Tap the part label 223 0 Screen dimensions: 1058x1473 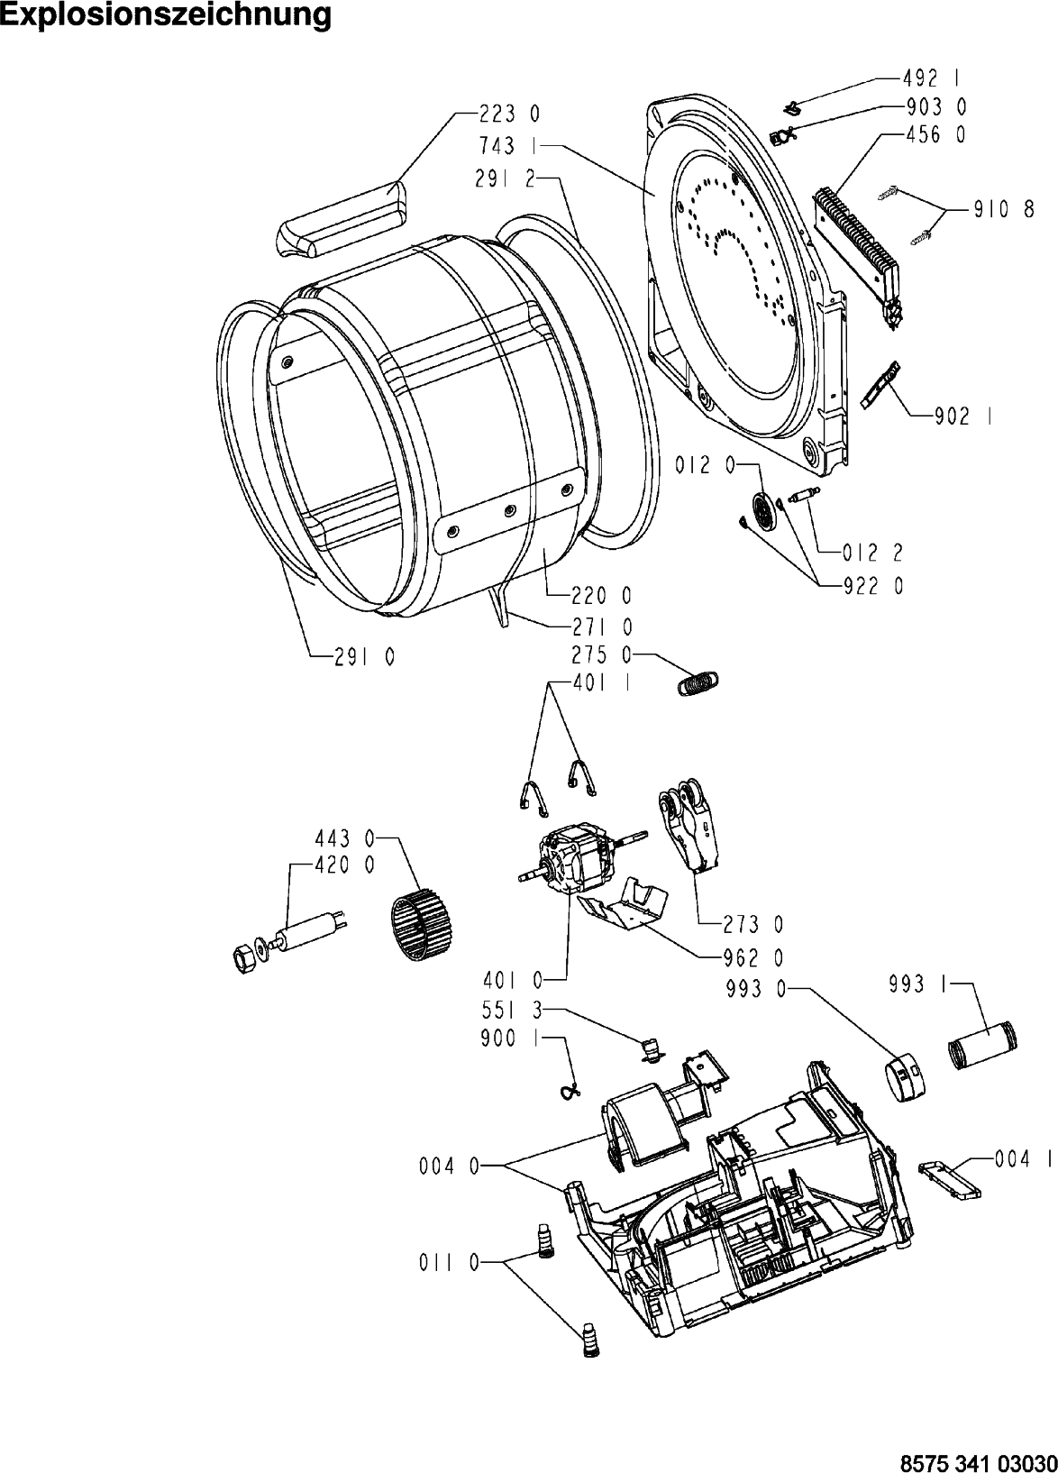click(508, 114)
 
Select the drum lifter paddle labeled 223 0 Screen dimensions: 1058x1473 click(342, 220)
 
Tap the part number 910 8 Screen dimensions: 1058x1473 click(1003, 210)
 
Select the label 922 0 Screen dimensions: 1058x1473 click(874, 585)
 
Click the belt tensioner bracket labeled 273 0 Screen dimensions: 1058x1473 click(689, 831)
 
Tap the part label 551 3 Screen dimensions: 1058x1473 click(512, 1009)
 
